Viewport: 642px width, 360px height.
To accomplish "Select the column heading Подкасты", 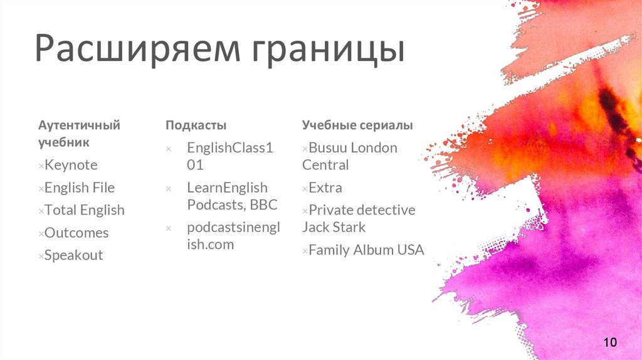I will pyautogui.click(x=196, y=125).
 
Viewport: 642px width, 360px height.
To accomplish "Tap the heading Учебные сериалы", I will pyautogui.click(x=357, y=125).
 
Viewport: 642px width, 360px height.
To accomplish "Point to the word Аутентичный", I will pyautogui.click(x=79, y=125).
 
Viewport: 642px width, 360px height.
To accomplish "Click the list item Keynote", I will pyautogui.click(x=71, y=165).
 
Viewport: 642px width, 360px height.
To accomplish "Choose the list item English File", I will pyautogui.click(x=79, y=188).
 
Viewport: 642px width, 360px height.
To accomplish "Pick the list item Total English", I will pyautogui.click(x=84, y=210).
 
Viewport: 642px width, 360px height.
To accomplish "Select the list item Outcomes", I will pyautogui.click(x=76, y=233).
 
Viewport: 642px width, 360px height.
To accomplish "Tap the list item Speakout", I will pyautogui.click(x=73, y=255).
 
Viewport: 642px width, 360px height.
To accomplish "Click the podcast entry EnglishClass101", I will pyautogui.click(x=229, y=156).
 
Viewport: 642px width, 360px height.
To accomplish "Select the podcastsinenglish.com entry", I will pyautogui.click(x=233, y=236).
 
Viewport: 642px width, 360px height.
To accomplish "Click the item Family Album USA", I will pyautogui.click(x=366, y=250).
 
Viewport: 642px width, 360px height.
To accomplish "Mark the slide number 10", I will pyautogui.click(x=610, y=342).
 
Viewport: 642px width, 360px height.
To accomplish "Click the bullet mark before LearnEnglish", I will pyautogui.click(x=168, y=189).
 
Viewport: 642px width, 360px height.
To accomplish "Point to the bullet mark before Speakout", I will pyautogui.click(x=41, y=257).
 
